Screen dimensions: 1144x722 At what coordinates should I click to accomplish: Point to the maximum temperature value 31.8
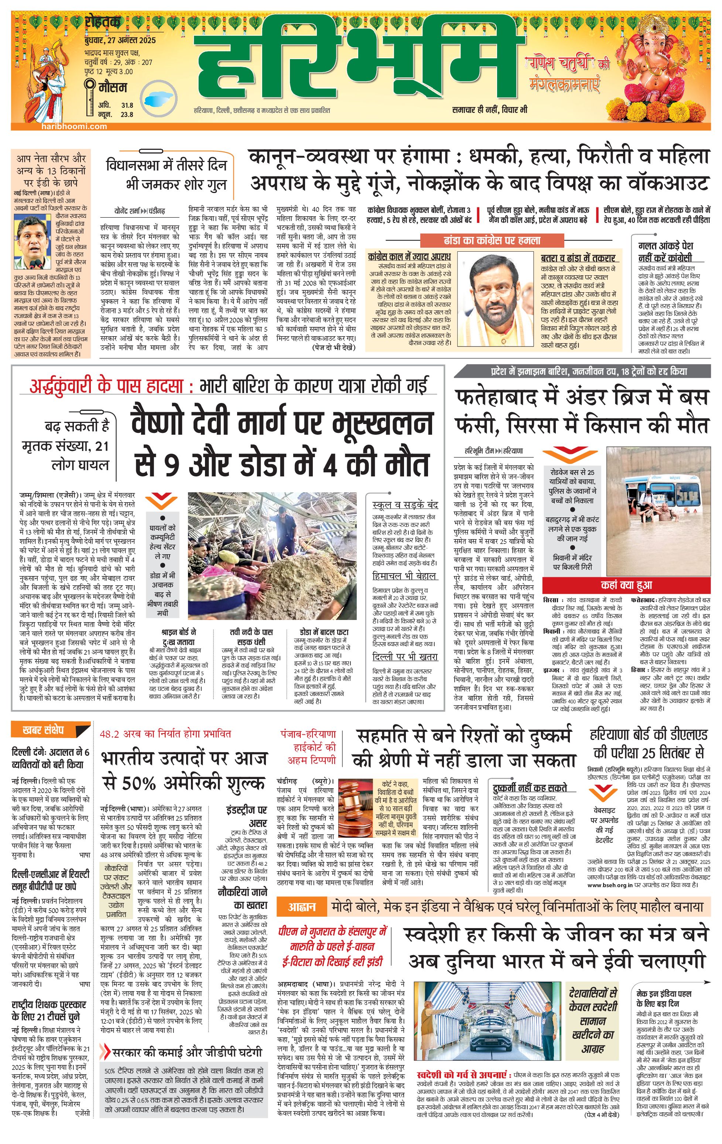coord(127,106)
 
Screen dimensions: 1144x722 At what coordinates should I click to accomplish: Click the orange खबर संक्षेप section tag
coord(43,730)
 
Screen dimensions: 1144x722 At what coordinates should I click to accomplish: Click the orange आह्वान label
coord(302,907)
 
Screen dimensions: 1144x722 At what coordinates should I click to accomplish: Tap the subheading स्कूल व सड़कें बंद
coord(405,504)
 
